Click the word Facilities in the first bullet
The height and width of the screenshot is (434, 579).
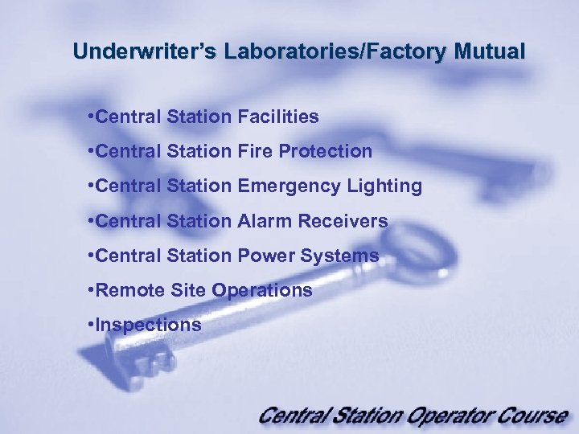(x=278, y=117)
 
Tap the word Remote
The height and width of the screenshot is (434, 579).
(x=129, y=290)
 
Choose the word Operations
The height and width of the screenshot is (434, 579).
(x=262, y=290)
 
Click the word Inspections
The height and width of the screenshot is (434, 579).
(x=148, y=325)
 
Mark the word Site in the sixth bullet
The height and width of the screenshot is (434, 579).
(x=189, y=290)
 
